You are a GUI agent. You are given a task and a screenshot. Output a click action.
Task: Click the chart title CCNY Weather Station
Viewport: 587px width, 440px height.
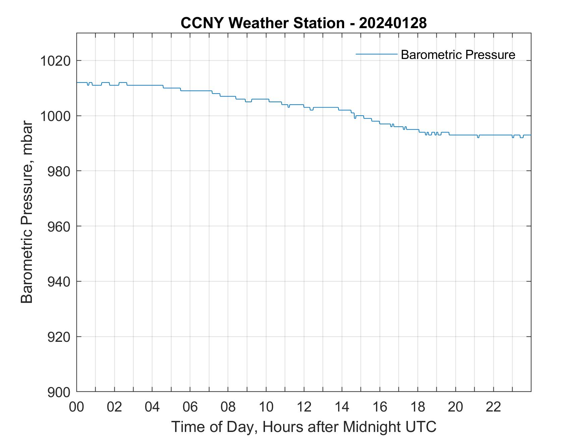[262, 23]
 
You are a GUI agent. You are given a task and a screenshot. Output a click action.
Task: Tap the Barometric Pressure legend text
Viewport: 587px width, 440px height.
[458, 55]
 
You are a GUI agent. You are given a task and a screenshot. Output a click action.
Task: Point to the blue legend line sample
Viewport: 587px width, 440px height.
[376, 54]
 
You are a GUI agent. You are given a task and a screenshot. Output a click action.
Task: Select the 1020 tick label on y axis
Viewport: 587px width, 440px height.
[55, 61]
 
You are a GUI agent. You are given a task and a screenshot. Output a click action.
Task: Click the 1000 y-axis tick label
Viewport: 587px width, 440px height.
[55, 116]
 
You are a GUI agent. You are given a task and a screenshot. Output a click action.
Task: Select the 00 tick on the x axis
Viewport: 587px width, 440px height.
[76, 407]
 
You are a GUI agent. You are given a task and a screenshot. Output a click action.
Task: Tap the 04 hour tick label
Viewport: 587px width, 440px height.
[152, 407]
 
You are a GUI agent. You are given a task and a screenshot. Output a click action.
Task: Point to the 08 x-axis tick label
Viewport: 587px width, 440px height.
[228, 407]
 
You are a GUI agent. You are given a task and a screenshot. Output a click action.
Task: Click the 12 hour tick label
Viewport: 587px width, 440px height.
[304, 407]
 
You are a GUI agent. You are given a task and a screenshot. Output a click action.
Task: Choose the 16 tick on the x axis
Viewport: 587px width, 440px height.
[380, 407]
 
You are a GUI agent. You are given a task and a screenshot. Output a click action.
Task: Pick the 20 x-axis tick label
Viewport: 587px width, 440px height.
[456, 407]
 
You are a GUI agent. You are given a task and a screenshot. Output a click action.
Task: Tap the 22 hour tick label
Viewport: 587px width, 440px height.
[493, 407]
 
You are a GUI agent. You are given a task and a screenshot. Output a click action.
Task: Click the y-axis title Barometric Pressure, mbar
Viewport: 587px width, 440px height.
[27, 212]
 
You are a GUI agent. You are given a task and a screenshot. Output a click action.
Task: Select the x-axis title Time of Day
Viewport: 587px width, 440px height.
[304, 427]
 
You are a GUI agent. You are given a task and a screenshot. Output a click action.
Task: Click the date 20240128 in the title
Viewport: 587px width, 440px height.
[393, 23]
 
